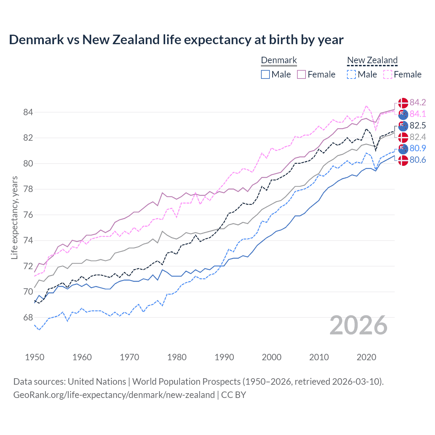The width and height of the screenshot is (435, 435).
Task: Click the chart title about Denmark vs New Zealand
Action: [x=176, y=40]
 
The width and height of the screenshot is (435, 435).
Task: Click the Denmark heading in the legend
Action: [x=279, y=60]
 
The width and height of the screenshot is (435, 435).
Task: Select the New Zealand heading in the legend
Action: [x=372, y=60]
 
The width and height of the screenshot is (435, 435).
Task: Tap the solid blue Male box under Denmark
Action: [x=265, y=74]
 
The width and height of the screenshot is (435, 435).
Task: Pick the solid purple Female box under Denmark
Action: [x=301, y=74]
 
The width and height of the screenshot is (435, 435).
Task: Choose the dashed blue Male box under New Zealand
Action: [x=351, y=74]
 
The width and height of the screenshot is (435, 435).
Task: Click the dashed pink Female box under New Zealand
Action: [x=387, y=74]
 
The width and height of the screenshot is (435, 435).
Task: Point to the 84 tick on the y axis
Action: [x=28, y=112]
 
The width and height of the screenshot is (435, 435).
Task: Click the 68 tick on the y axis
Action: [x=28, y=317]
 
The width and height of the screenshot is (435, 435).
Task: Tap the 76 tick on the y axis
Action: [x=28, y=215]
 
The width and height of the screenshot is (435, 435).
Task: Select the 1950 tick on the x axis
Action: [x=35, y=357]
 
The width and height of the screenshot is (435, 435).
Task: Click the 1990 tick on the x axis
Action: [x=224, y=357]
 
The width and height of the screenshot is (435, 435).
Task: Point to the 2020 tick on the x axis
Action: [x=366, y=357]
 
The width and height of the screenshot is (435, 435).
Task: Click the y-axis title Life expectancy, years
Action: [x=14, y=217]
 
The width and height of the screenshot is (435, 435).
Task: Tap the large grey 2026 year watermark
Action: [x=359, y=325]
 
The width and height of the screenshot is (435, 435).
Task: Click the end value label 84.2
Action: [x=418, y=103]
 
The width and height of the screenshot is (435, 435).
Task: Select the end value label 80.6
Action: [x=418, y=160]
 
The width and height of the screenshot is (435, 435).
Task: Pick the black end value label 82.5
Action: [x=418, y=125]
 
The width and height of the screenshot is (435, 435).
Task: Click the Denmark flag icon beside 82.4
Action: [x=403, y=137]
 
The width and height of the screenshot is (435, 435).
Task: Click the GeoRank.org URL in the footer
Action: [x=114, y=395]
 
